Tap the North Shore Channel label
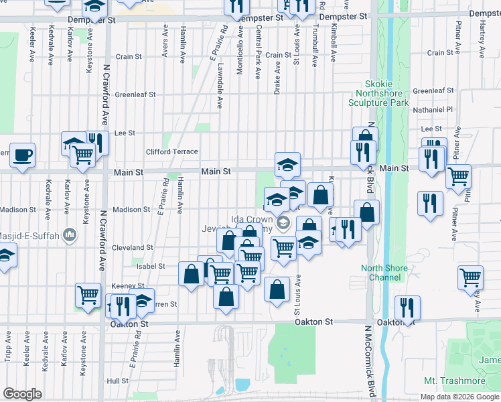tap(384, 273)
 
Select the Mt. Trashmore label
tap(455, 381)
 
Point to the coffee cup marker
tap(22, 155)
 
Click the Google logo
tap(22, 393)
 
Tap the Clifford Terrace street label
tap(172, 152)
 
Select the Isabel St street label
tap(151, 266)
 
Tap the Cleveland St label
tap(133, 247)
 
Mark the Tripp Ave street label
tap(8, 346)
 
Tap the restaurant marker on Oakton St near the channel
tap(407, 308)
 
